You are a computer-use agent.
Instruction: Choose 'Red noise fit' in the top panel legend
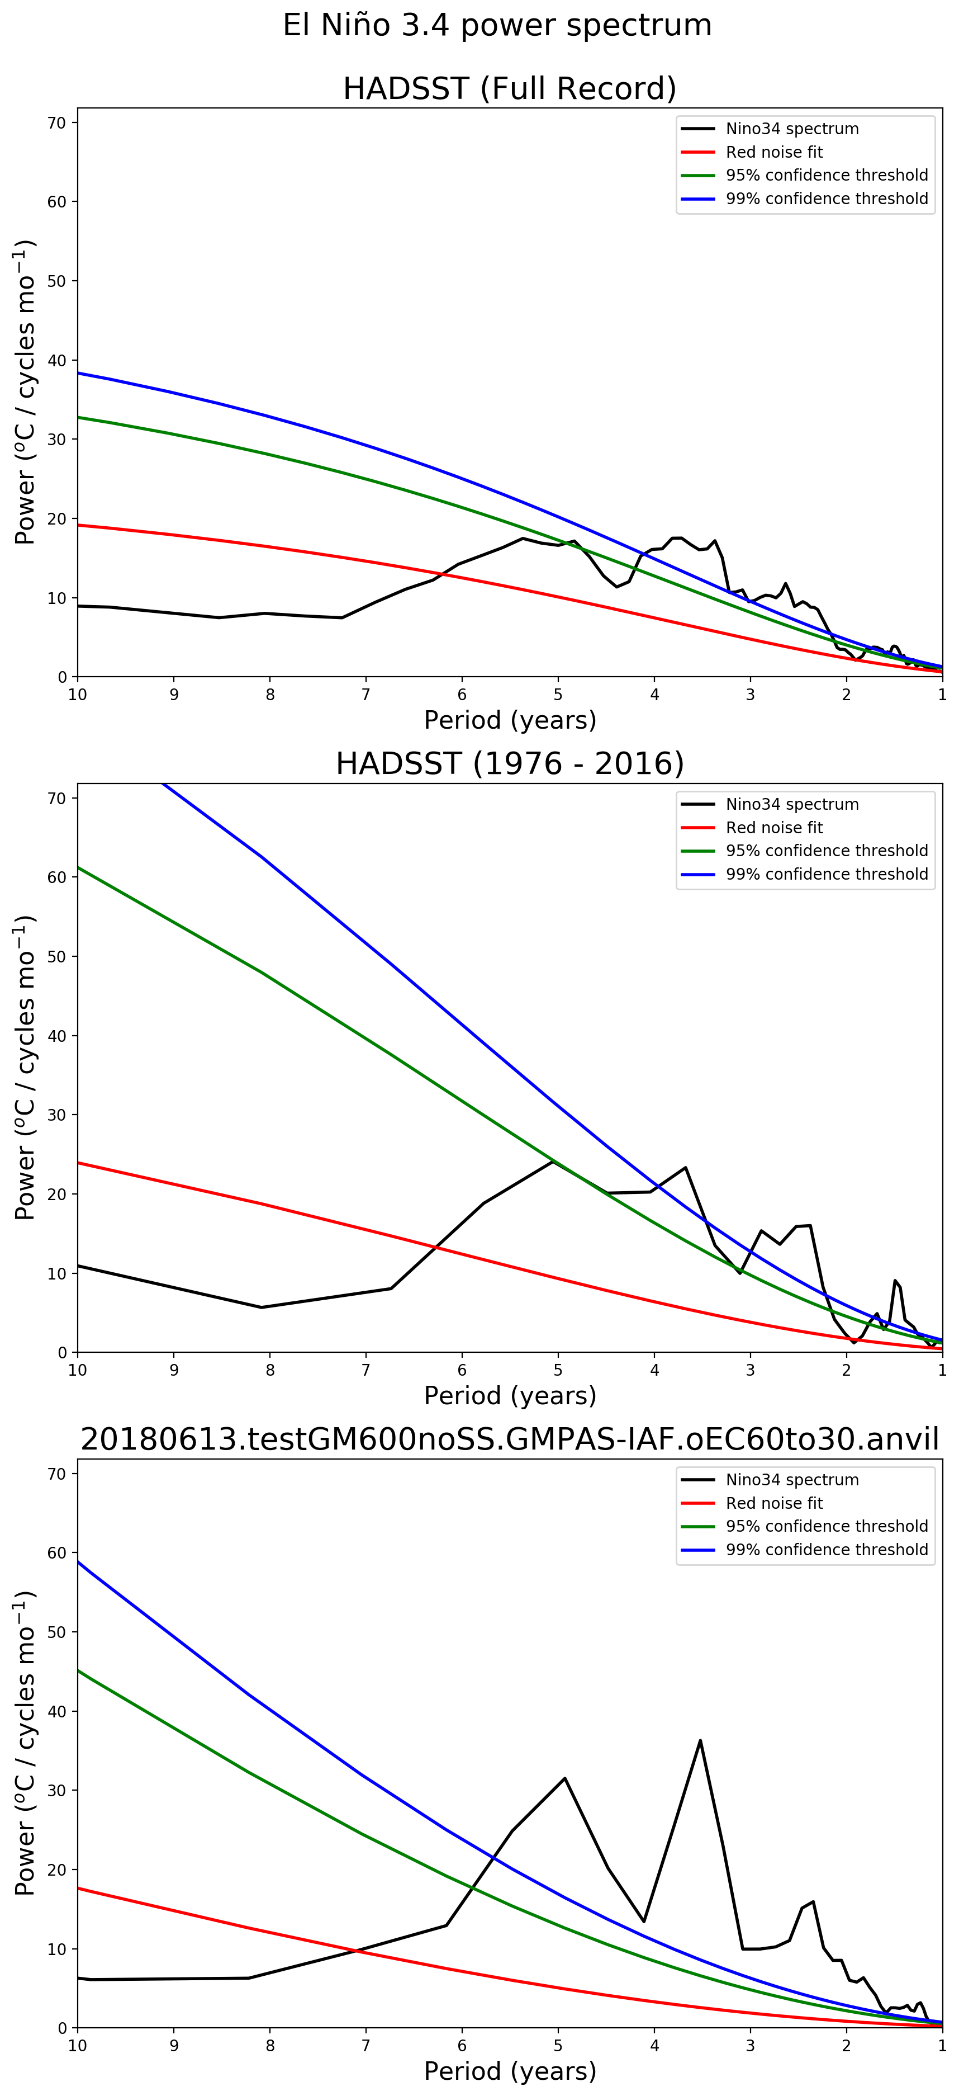click(x=773, y=152)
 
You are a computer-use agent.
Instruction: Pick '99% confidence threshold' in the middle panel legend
click(x=827, y=874)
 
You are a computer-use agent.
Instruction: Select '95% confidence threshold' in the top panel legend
click(x=827, y=175)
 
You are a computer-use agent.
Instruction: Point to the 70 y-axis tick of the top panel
click(x=57, y=123)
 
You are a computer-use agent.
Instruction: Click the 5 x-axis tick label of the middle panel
click(x=558, y=1370)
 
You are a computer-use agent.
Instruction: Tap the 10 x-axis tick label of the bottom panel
click(x=77, y=2046)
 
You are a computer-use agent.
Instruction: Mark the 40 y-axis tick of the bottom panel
click(x=57, y=1711)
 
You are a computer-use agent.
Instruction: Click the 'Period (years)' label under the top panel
click(x=510, y=720)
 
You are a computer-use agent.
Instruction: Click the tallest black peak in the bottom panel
click(x=700, y=1740)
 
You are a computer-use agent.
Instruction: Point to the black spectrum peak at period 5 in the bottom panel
click(x=564, y=1779)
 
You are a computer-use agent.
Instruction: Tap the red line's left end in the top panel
click(x=79, y=525)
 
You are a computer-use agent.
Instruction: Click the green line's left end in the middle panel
click(x=79, y=867)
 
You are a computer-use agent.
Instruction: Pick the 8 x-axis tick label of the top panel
click(x=270, y=695)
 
